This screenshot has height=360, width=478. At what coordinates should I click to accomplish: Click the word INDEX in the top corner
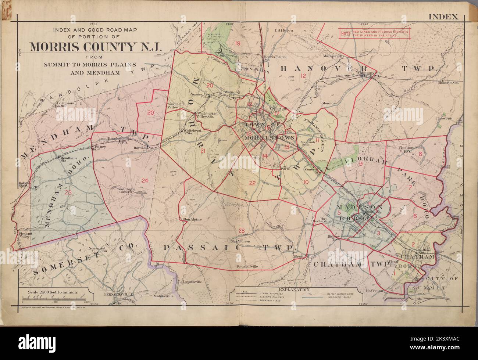[443, 17]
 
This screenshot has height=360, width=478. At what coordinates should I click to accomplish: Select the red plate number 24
[145, 180]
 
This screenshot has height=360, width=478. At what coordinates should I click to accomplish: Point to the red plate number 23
[241, 231]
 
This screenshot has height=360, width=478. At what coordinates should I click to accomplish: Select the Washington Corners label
[126, 191]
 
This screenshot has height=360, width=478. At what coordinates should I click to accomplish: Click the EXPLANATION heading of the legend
[292, 289]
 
